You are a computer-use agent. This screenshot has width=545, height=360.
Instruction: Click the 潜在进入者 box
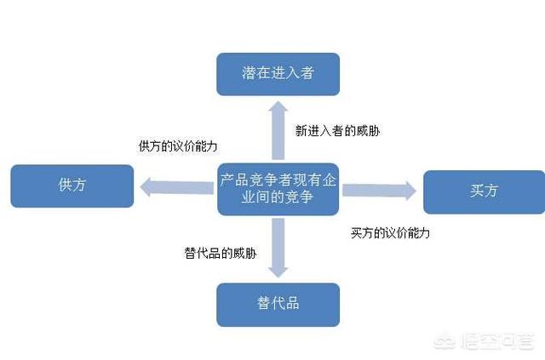pos(278,74)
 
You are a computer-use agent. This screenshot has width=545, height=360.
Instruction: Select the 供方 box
pos(72,186)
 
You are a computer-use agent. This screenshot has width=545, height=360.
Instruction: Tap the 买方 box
pos(485,191)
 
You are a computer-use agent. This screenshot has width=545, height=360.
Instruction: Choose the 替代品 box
pos(278,305)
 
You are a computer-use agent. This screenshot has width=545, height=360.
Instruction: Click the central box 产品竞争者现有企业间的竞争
pos(278,189)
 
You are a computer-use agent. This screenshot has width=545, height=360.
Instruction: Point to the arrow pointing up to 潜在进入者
pos(278,130)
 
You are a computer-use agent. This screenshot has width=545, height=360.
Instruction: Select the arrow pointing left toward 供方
pos(177,187)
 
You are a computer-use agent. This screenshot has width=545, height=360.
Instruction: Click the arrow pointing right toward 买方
pos(379,191)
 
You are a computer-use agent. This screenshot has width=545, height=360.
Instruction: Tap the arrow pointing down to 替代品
pos(278,248)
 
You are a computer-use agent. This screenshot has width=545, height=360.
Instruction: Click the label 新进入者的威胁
pos(337,131)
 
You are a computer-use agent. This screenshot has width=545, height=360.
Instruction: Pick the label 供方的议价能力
pos(178,146)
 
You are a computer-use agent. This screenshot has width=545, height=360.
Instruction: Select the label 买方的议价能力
pos(390,233)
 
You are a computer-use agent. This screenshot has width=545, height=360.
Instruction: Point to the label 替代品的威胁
pos(221,253)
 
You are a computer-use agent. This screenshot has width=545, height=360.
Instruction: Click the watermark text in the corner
pos(485,341)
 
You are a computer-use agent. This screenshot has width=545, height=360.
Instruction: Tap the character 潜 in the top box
pos(249,73)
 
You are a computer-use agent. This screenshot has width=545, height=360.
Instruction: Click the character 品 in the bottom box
pos(293,303)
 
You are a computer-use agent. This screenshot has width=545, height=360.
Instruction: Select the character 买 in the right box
pos(477,191)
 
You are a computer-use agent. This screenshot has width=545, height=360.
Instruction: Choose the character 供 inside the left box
pos(65,185)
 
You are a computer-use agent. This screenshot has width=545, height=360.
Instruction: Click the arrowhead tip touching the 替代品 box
pos(278,277)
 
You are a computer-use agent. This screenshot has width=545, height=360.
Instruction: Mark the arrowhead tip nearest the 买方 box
pos(416,191)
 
